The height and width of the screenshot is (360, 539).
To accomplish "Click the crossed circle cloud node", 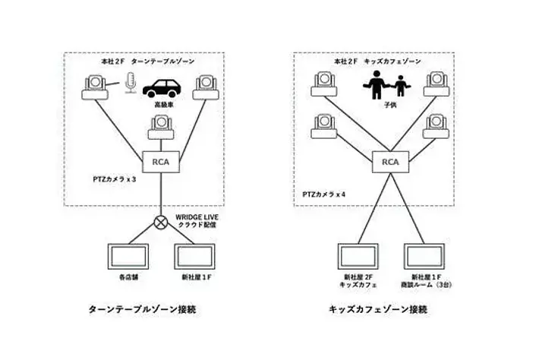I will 160,223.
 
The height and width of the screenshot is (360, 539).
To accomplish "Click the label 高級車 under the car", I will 163,104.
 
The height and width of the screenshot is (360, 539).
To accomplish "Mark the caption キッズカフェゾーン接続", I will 378,310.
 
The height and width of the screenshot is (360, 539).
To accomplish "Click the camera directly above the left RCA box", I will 160,126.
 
